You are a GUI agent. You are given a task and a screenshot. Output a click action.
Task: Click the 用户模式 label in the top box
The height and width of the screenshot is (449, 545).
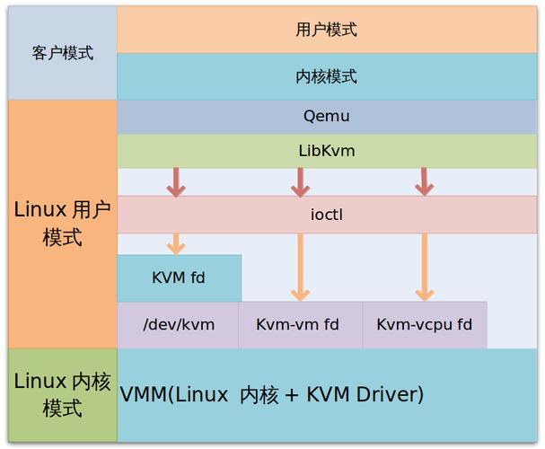click(326, 30)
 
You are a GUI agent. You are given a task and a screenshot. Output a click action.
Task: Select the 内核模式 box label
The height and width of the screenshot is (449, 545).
click(326, 76)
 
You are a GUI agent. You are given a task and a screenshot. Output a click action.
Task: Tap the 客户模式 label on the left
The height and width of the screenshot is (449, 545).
click(63, 52)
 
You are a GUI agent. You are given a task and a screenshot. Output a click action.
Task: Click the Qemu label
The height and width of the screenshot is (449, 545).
click(326, 117)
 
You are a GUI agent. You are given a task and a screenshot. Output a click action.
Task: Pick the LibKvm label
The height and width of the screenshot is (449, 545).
click(326, 151)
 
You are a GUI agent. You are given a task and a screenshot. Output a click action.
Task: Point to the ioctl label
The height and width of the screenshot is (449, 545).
click(326, 215)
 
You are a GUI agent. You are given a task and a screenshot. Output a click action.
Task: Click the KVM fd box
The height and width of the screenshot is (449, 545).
click(179, 277)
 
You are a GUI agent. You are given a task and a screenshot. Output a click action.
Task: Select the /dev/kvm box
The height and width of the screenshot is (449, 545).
click(179, 324)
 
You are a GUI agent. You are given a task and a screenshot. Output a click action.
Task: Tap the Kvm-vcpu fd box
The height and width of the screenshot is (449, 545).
click(424, 324)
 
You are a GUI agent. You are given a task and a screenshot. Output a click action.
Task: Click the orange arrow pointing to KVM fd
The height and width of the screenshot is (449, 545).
click(176, 243)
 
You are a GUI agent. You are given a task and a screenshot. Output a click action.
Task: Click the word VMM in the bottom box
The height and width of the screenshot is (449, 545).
click(142, 394)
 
